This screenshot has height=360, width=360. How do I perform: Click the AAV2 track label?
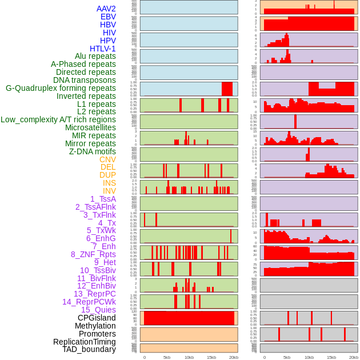click(x=106, y=9)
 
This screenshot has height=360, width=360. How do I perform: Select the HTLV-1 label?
click(x=102, y=49)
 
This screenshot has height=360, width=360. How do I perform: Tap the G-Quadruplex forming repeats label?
click(x=61, y=88)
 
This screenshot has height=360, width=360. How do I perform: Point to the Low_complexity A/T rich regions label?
click(x=58, y=119)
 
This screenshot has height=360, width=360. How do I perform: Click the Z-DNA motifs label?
click(x=93, y=151)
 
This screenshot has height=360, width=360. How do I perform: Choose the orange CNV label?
click(x=107, y=159)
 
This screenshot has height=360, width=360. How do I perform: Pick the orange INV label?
click(x=109, y=191)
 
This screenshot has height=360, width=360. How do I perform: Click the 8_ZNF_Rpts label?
click(x=93, y=254)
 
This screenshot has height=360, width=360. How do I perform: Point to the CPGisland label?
click(x=97, y=318)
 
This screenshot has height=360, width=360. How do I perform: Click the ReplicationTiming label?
click(x=85, y=342)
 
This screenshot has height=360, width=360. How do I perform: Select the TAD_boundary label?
click(x=89, y=349)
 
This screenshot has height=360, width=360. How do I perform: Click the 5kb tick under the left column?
click(x=167, y=357)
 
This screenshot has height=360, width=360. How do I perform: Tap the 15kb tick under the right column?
click(x=331, y=357)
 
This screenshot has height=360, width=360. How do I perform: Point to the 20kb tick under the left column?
click(x=233, y=357)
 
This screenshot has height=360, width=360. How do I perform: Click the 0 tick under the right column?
click(x=264, y=357)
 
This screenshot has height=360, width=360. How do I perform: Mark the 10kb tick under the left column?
click(x=189, y=357)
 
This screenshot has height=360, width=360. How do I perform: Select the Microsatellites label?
click(x=90, y=127)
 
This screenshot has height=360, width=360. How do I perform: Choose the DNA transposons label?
click(x=85, y=80)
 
